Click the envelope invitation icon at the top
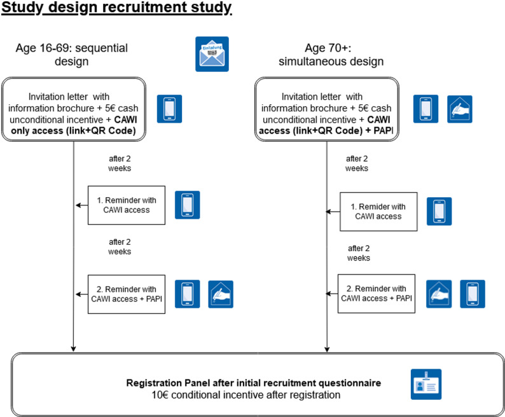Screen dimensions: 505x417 coord(212,54)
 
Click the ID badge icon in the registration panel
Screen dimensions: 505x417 coord(426,384)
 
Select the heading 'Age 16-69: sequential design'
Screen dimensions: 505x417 coord(71,55)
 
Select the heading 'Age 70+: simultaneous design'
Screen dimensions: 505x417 coord(331,55)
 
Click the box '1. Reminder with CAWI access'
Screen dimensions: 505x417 coord(127,205)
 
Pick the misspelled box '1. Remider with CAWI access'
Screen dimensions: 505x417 coord(378,212)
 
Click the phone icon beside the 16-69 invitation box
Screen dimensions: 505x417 coord(169,109)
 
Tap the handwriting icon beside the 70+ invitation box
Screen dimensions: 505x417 coord(460,109)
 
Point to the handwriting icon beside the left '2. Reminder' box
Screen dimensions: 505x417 coord(221,294)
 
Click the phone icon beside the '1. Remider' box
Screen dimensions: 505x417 coord(439,211)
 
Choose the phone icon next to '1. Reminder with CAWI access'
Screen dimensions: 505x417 coord(188,205)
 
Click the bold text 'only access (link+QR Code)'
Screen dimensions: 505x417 coord(73,131)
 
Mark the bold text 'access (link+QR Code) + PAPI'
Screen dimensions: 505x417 coord(326,131)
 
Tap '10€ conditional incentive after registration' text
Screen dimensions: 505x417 coord(246,395)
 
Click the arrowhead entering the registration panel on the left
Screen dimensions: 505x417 coord(73,349)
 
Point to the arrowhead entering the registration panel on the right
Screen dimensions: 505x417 coord(327,349)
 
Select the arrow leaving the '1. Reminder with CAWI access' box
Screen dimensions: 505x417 coord(82,205)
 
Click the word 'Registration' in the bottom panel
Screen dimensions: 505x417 coord(154,383)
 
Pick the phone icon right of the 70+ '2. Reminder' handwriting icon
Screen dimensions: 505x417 coord(473,294)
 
